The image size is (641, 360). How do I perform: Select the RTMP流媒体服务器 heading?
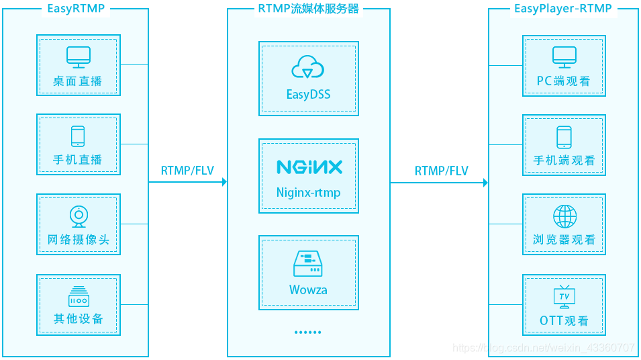(308, 9)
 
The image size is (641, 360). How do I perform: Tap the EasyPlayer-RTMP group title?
(563, 9)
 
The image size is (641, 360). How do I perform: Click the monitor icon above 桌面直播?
(78, 57)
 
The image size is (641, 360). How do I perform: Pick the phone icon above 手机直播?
(78, 136)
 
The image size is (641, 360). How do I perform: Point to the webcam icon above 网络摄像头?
(79, 216)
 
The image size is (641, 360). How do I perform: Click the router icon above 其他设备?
(79, 296)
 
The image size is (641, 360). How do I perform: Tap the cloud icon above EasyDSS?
(308, 68)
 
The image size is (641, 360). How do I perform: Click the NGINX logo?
(309, 167)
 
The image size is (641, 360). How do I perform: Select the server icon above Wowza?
(308, 264)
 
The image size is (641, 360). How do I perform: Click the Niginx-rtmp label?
(308, 193)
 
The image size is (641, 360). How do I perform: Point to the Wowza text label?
(308, 290)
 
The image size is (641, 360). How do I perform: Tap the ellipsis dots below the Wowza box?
(308, 332)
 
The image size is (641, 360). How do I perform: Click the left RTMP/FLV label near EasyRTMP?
(187, 171)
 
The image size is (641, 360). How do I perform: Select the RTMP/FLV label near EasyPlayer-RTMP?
(441, 171)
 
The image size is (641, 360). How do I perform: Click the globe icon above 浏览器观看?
(564, 216)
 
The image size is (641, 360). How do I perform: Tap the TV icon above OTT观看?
(564, 296)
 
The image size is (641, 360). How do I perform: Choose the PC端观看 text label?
(564, 81)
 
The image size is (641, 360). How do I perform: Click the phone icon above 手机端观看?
(564, 137)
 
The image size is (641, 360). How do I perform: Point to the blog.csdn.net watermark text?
(543, 348)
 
